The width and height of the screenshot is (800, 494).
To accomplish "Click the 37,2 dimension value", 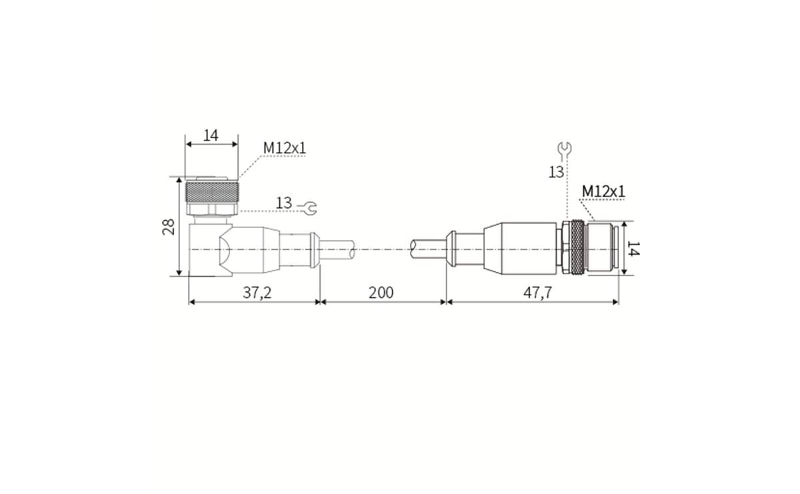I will [257, 293].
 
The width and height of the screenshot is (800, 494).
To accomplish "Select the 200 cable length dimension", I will [381, 293].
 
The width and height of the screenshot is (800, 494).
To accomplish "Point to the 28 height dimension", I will [169, 226].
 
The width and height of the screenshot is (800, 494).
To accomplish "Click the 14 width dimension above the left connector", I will [211, 135].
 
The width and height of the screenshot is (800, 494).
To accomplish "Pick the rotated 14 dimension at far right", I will [634, 249].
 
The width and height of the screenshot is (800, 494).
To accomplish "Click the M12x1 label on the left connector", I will [284, 148].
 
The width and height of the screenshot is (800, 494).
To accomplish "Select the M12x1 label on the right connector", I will [603, 191].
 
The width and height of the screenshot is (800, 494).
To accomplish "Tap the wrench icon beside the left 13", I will [308, 208].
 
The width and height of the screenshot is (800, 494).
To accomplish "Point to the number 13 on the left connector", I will [284, 203].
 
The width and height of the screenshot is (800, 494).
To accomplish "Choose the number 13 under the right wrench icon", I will [556, 172].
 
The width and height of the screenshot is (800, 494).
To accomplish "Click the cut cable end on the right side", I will [424, 249].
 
